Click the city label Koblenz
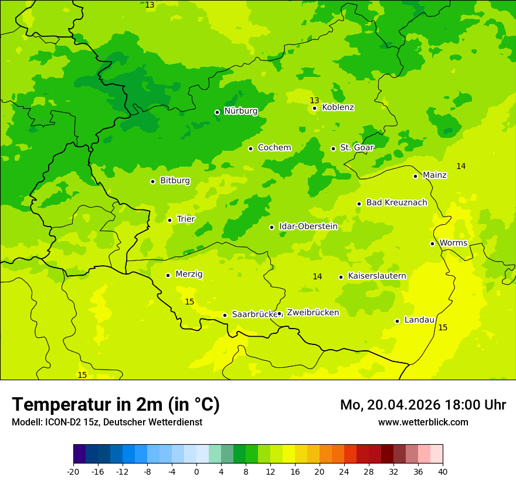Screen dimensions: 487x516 [x=338, y=107]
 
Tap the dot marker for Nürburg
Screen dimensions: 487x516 [x=217, y=112]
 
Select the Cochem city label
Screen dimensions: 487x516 [x=274, y=148]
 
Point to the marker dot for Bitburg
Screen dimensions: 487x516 [x=152, y=181]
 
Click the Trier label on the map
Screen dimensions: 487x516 [x=186, y=219]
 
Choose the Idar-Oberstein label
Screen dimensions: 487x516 [x=308, y=226]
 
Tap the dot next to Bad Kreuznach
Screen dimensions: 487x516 [x=359, y=204]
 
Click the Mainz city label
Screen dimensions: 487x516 [x=434, y=175]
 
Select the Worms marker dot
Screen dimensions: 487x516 [x=432, y=243]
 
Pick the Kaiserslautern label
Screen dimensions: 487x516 [x=376, y=276]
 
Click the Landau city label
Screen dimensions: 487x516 [x=419, y=320]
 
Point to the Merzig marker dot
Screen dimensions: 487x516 [x=168, y=275]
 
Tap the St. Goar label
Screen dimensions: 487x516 [x=357, y=148]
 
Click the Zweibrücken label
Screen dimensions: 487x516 [x=313, y=313]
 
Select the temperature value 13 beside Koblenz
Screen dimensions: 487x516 [x=314, y=100]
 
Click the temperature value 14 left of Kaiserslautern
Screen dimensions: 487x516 [x=317, y=276]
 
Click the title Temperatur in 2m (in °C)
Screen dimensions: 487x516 [x=116, y=404]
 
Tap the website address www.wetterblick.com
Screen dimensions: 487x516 [x=423, y=422]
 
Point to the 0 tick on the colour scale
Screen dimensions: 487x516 [x=196, y=471]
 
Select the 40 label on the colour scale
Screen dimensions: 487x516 [x=443, y=471]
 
